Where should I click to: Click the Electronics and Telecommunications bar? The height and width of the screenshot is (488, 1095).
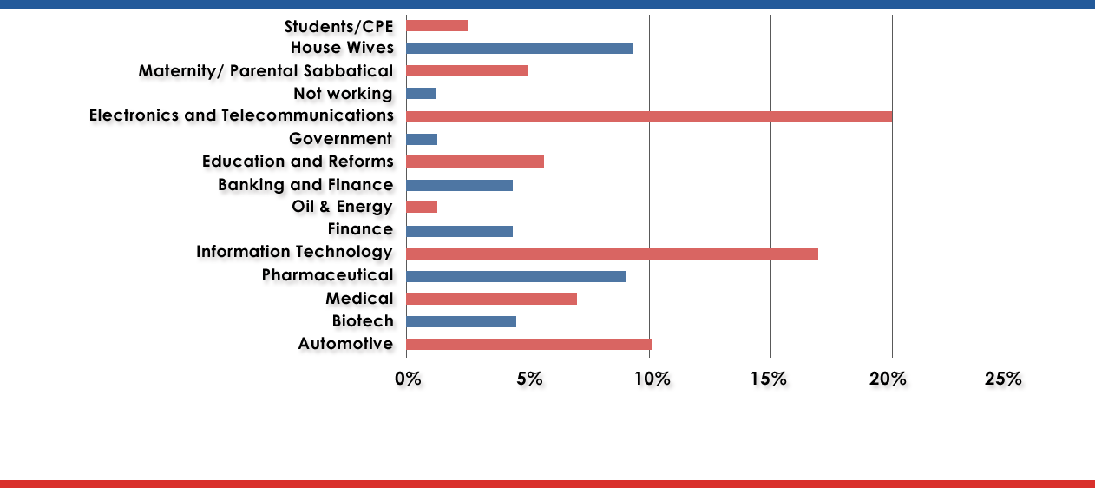(648, 116)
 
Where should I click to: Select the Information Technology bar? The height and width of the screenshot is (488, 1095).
(612, 254)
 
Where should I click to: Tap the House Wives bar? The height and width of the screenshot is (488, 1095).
(519, 48)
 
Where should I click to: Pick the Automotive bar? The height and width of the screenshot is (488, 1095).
(528, 344)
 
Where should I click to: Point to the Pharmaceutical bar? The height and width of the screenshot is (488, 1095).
(515, 276)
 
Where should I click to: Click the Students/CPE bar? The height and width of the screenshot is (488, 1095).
(436, 25)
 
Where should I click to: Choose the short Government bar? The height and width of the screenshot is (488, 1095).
(421, 139)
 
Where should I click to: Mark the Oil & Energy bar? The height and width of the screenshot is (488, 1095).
(421, 207)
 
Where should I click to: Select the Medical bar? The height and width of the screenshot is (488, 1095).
(491, 299)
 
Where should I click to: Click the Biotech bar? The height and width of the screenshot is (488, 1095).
(461, 321)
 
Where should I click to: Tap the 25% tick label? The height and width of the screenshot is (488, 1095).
(1002, 379)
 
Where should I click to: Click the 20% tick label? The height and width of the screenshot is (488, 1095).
(888, 379)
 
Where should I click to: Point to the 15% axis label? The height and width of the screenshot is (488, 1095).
(768, 379)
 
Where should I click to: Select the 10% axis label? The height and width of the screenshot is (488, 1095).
(652, 379)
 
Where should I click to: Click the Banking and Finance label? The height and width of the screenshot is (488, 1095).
(305, 185)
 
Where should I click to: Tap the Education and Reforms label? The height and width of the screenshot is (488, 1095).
(297, 162)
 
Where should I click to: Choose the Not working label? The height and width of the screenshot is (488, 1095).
(343, 93)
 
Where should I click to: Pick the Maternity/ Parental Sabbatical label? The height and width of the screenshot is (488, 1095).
(266, 70)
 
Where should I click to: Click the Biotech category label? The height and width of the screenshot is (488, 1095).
(363, 321)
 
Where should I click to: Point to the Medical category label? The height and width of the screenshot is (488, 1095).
(358, 299)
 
